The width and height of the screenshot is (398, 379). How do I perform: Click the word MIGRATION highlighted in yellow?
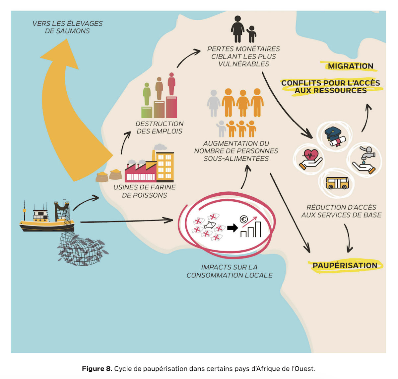350,66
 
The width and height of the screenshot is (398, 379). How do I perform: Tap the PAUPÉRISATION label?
345,265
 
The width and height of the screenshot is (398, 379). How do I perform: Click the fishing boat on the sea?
46,218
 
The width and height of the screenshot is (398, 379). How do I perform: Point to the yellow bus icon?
337,183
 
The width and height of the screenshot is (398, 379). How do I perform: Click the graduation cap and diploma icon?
335,136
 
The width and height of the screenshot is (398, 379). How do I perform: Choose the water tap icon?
365,160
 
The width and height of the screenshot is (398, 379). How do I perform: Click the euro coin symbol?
244,220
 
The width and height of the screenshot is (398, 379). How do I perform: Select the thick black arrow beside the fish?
233,228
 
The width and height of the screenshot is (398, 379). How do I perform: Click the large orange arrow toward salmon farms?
63,110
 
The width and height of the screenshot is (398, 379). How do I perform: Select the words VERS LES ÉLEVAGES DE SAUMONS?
68,27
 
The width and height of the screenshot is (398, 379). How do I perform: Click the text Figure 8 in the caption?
97,369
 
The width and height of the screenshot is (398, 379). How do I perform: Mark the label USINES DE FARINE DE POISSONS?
144,191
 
